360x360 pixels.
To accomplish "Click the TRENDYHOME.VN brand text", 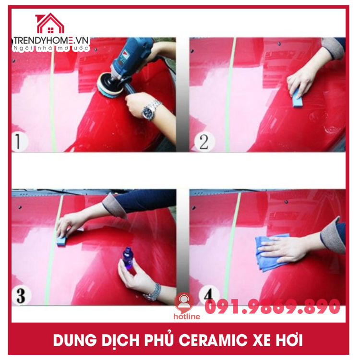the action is tap(51, 41).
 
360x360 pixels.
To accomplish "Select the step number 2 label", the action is tap(204, 142).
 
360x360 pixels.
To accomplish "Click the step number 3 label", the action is tap(21, 296).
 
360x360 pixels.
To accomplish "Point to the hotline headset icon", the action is tap(184, 302).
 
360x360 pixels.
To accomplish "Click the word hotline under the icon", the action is tap(187, 316).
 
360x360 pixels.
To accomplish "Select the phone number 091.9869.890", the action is tap(272, 307).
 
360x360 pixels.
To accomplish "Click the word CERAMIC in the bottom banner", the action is tap(213, 340).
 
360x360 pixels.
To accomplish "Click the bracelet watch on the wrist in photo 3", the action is tap(152, 292).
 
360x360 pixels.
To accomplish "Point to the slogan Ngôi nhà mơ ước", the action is tap(51, 48).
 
